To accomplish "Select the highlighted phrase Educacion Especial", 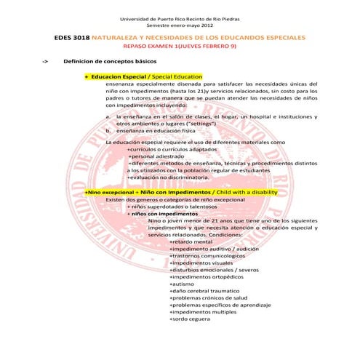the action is (116, 76).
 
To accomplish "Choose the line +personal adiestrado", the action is (159, 156).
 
